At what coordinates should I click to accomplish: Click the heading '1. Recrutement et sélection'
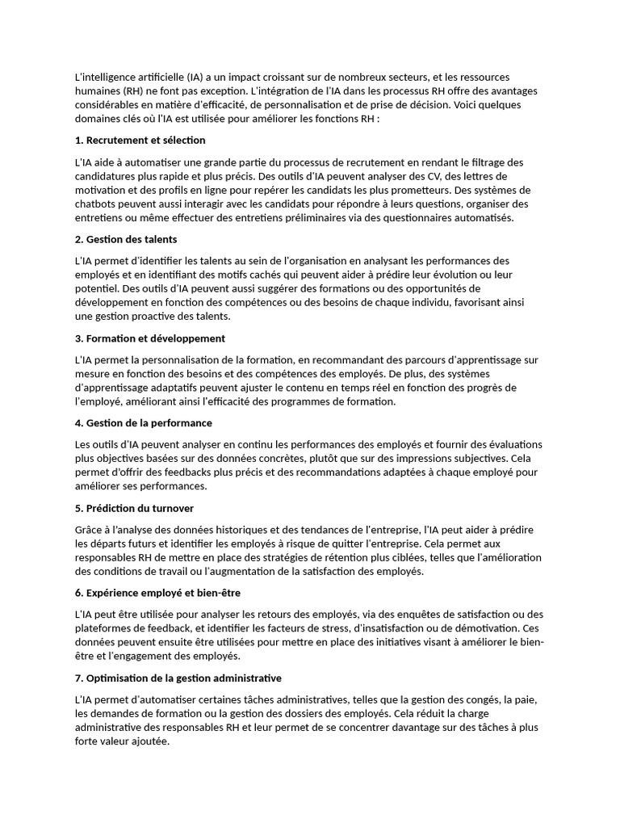click(x=140, y=141)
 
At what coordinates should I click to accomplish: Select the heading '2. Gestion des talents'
click(x=126, y=239)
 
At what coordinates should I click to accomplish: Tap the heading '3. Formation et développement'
click(x=149, y=338)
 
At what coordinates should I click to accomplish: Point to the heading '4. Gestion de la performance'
click(x=143, y=422)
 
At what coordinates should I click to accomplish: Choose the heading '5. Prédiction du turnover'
click(x=134, y=508)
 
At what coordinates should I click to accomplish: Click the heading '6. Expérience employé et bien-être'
click(x=157, y=593)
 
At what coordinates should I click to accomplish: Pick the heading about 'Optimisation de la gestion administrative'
click(x=178, y=678)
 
